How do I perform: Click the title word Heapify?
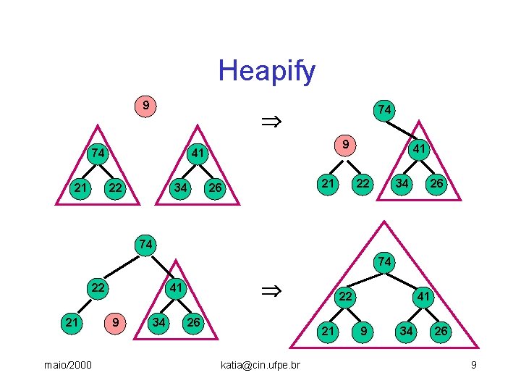[266, 71]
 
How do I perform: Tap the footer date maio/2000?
[67, 365]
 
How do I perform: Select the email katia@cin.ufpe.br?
[260, 365]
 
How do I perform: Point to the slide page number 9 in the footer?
[473, 365]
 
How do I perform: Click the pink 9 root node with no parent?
[146, 106]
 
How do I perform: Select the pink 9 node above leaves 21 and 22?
[347, 146]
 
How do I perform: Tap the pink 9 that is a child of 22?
[114, 320]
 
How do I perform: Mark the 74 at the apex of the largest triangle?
[384, 261]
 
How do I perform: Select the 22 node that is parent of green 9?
[346, 296]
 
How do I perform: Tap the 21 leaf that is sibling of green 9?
[329, 332]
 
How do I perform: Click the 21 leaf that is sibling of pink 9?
[72, 320]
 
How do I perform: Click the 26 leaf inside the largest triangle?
[439, 332]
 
